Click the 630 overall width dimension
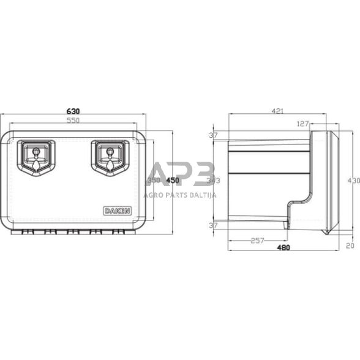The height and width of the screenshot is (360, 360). [74, 111]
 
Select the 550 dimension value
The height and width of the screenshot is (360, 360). [74, 121]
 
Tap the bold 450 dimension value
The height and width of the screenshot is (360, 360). [173, 181]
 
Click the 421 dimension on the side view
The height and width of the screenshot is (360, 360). [277, 111]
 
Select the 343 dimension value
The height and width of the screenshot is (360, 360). [214, 181]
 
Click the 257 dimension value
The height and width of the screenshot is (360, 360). [257, 241]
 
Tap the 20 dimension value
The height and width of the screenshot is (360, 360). [350, 246]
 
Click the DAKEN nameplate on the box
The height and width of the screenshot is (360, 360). [116, 211]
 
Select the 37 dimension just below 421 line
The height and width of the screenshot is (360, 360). [214, 135]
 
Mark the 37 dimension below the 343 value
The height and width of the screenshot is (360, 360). [214, 225]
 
